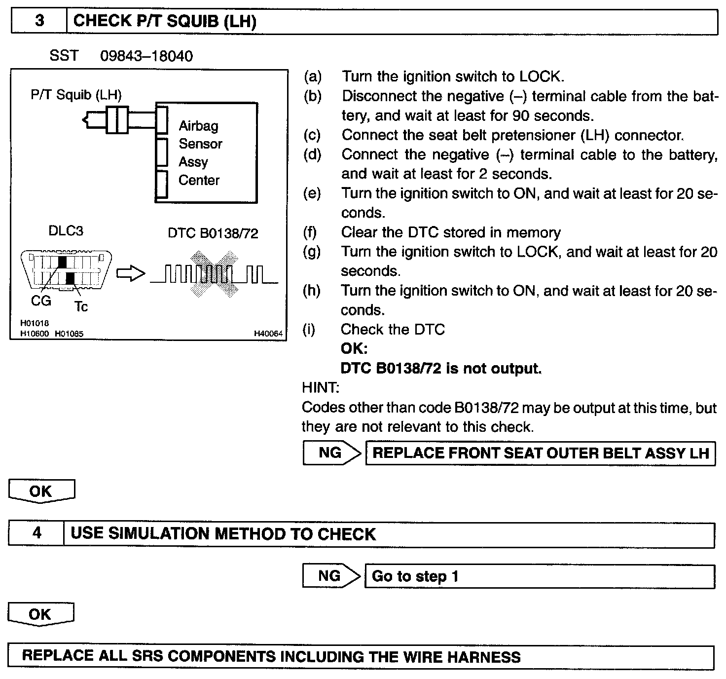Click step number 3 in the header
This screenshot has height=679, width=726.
39,21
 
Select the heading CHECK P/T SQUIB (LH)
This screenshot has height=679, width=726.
164,21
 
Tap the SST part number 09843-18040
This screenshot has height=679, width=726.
146,56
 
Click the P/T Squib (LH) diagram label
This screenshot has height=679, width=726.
76,95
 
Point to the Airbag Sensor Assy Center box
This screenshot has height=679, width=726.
206,153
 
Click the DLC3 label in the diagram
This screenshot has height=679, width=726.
66,231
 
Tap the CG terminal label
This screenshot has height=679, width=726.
41,301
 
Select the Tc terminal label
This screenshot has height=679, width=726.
81,307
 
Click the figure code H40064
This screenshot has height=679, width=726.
268,334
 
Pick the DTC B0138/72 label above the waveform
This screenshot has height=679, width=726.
213,233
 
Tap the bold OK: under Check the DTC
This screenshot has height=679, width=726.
354,348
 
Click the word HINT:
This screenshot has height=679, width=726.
321,388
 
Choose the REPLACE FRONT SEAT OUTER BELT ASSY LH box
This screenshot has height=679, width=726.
540,453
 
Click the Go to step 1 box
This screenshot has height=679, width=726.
539,576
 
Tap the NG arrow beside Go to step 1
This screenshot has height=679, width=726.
330,576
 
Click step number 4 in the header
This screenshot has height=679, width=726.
37,533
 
